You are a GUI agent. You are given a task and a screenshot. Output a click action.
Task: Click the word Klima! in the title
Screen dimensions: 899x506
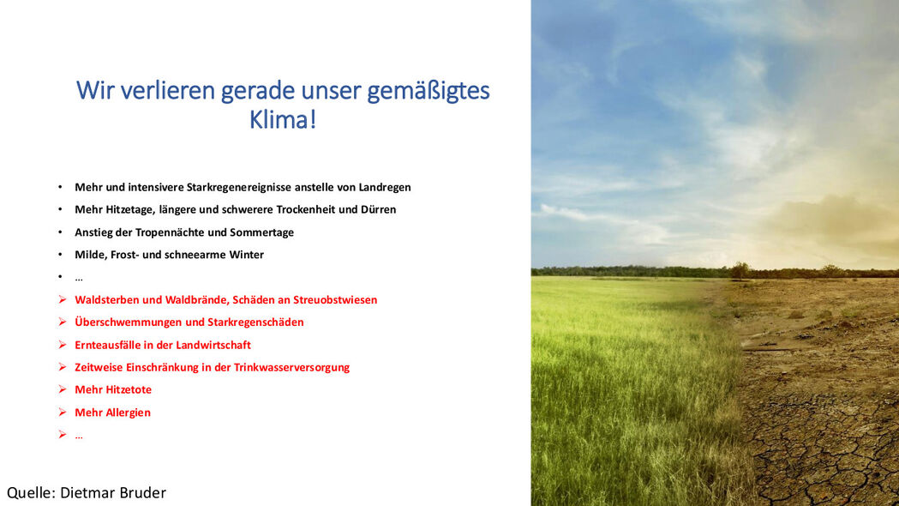pyautogui.click(x=283, y=120)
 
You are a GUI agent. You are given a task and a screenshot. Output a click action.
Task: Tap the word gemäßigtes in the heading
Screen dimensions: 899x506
pyautogui.click(x=429, y=91)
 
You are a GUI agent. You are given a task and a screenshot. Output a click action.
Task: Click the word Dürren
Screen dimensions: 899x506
pyautogui.click(x=379, y=209)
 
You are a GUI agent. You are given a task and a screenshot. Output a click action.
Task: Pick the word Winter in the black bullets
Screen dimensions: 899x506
pyautogui.click(x=247, y=255)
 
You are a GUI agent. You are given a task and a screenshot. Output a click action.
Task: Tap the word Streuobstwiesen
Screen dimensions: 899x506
pyautogui.click(x=335, y=300)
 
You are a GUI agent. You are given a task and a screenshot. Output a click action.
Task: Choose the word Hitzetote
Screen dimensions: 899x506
pyautogui.click(x=129, y=389)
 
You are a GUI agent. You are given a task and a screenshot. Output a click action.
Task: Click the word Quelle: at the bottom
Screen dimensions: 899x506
pyautogui.click(x=31, y=493)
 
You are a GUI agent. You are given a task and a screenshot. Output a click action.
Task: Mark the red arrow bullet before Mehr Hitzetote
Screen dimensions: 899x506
pyautogui.click(x=63, y=389)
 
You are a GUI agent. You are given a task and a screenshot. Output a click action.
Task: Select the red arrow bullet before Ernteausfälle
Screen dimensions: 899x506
pyautogui.click(x=63, y=345)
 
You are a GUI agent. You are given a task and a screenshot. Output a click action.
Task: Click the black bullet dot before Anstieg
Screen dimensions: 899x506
pyautogui.click(x=60, y=232)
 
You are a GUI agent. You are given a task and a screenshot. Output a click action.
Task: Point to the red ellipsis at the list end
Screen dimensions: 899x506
pyautogui.click(x=79, y=437)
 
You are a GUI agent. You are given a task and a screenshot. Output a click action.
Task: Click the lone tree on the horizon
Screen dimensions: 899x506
pyautogui.click(x=740, y=269)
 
